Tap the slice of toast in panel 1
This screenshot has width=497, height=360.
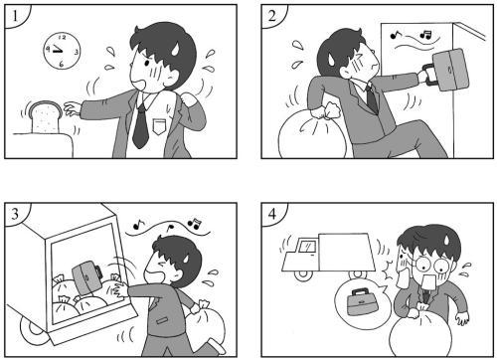coord(45,116)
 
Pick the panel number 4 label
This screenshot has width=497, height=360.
coord(270,212)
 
